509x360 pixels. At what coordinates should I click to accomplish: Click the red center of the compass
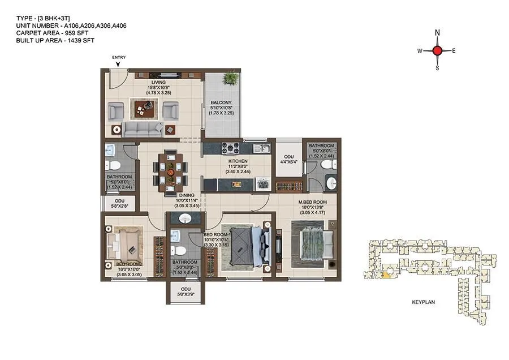pyautogui.click(x=437, y=50)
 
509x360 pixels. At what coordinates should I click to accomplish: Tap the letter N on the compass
pyautogui.click(x=437, y=33)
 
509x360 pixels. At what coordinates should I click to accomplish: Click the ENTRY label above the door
pyautogui.click(x=119, y=57)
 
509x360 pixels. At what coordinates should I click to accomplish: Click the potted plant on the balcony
pyautogui.click(x=230, y=79)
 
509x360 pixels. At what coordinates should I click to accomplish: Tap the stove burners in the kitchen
pyautogui.click(x=231, y=148)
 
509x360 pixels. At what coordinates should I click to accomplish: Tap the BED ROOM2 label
pyautogui.click(x=129, y=264)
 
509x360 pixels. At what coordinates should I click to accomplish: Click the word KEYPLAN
pyautogui.click(x=423, y=303)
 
